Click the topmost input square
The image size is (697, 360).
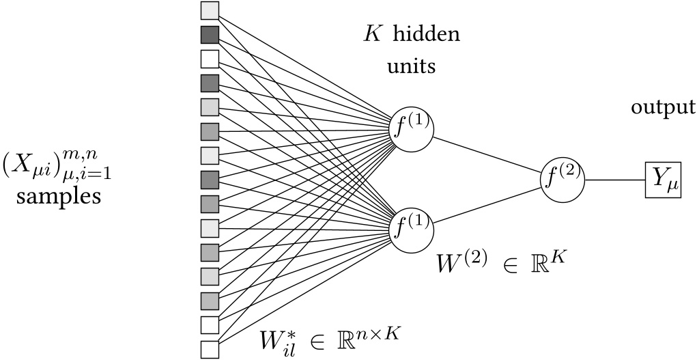pyautogui.click(x=210, y=10)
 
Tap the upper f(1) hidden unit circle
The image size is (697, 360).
pyautogui.click(x=411, y=127)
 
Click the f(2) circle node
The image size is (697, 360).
pyautogui.click(x=563, y=176)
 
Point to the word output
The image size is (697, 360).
pyautogui.click(x=663, y=108)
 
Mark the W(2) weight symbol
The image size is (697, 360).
pyautogui.click(x=461, y=263)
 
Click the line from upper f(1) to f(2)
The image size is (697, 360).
pyautogui.click(x=487, y=152)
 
